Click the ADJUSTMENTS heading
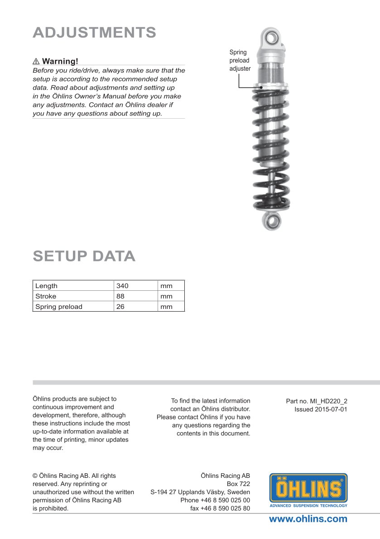point(94,33)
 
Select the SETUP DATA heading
point(84,256)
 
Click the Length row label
point(47,286)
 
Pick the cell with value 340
point(123,286)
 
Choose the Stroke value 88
point(120,296)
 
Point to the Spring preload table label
point(59,307)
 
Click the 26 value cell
point(120,307)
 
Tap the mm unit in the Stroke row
point(166,296)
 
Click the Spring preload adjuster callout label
point(240,61)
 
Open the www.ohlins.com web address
point(308,519)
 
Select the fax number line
point(220,508)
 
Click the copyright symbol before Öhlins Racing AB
point(35,476)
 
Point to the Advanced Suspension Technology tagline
point(308,505)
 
